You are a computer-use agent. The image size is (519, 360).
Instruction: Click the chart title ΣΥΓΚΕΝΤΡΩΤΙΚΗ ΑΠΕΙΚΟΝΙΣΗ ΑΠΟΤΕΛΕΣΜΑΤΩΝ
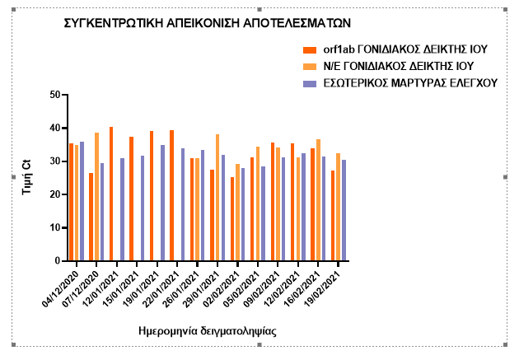click(x=208, y=24)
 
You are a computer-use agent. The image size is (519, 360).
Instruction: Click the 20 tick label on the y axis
click(x=56, y=194)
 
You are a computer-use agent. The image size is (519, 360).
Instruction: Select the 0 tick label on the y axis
click(x=58, y=261)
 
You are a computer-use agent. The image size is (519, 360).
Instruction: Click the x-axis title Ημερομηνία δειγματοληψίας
click(x=207, y=331)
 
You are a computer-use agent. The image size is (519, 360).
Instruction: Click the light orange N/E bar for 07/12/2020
click(x=96, y=197)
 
